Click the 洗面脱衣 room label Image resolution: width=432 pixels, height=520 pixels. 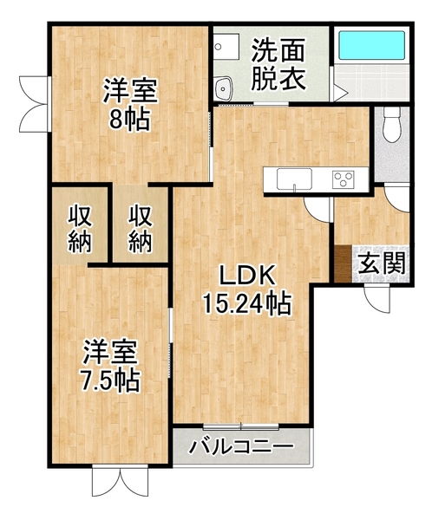[278, 64]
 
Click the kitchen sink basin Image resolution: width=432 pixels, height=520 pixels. [295, 179]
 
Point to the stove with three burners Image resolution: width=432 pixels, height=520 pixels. [344, 179]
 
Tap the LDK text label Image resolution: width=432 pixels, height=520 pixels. [246, 277]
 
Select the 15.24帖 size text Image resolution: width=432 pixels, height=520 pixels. [246, 304]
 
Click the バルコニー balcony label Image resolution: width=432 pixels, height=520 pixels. [240, 450]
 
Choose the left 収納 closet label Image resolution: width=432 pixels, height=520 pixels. [80, 228]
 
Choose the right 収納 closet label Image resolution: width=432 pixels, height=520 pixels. [141, 228]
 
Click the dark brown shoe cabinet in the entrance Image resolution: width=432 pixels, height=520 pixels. [343, 264]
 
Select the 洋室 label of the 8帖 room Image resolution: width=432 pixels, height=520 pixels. [130, 90]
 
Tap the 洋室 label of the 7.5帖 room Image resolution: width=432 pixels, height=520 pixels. [112, 352]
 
